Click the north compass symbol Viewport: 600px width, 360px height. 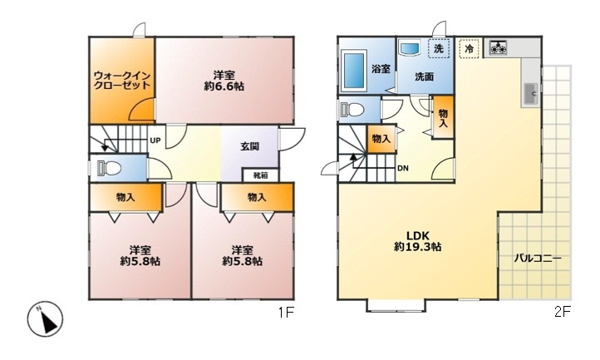(45, 319)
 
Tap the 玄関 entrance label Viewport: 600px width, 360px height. (250, 146)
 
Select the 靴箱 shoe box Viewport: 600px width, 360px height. (261, 175)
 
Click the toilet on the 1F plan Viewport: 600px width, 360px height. (109, 167)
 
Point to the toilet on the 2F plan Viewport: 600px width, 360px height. (352, 109)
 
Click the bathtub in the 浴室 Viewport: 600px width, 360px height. (355, 70)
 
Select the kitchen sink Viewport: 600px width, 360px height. (530, 94)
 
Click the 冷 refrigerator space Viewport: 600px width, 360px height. (470, 49)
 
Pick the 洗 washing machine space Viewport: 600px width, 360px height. (439, 49)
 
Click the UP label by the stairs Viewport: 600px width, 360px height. (155, 141)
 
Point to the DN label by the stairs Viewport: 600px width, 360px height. (402, 168)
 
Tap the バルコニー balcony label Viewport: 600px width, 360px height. (538, 259)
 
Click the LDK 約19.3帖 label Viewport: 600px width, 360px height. (418, 241)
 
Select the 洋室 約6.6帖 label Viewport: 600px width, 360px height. (224, 81)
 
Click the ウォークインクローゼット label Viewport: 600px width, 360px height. (122, 80)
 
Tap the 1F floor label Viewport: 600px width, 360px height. (286, 313)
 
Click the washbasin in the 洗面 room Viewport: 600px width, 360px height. (410, 49)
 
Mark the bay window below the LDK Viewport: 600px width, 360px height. (396, 305)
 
